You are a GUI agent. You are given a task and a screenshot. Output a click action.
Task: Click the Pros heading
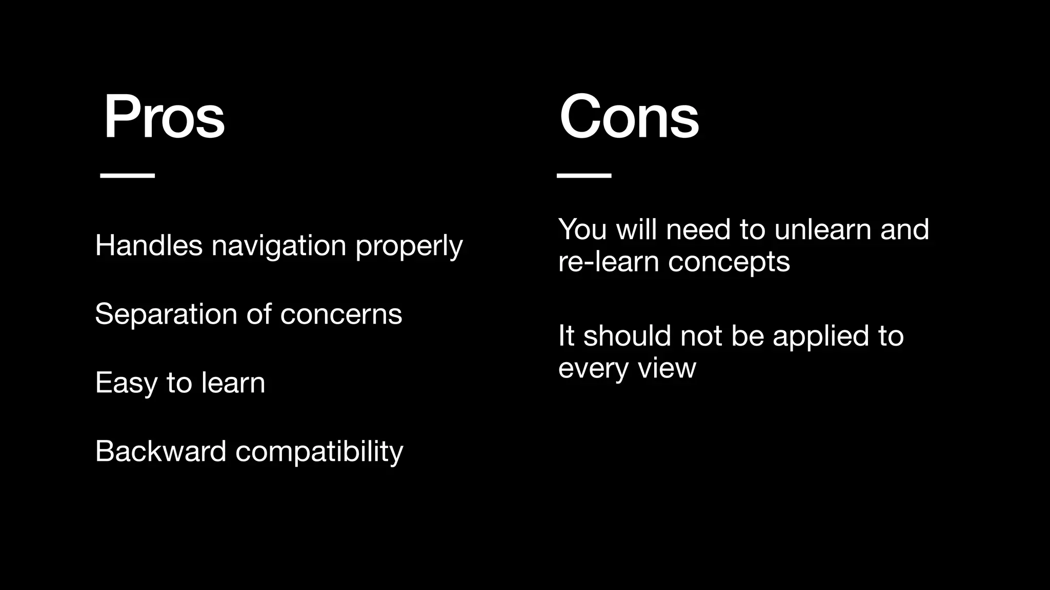click(164, 117)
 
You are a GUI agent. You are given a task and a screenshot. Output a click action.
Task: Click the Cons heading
click(629, 117)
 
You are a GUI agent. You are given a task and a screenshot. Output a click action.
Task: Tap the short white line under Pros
click(127, 175)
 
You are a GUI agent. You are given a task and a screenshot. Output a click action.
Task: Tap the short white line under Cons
click(584, 175)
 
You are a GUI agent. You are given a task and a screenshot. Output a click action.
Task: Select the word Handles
click(149, 245)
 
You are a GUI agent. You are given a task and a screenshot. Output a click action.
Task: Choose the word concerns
click(341, 314)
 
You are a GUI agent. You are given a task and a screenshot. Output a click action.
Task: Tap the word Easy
click(126, 383)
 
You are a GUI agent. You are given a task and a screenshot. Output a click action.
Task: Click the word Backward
click(160, 451)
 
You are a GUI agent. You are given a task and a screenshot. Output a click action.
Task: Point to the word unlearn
click(822, 229)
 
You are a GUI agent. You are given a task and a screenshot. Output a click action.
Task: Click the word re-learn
click(608, 262)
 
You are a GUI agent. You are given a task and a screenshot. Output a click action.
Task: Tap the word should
click(627, 335)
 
